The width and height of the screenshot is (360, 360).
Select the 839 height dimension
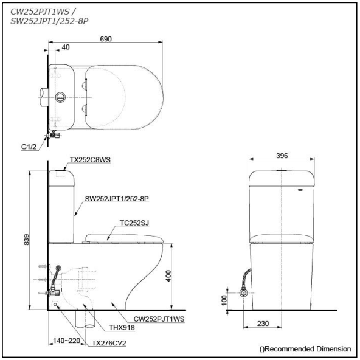coord(25,241)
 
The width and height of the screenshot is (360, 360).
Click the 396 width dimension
coord(282,156)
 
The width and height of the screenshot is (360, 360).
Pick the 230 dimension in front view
coord(263,324)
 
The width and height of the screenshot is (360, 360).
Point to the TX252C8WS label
coord(89,159)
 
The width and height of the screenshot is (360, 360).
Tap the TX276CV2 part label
coord(108,344)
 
